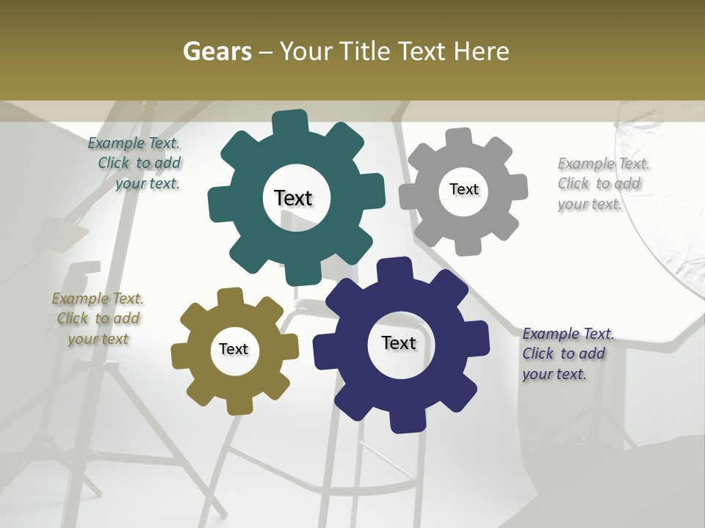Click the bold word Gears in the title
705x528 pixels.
[x=217, y=51]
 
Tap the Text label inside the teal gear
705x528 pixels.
[x=293, y=198]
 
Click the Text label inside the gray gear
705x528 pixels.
[x=463, y=189]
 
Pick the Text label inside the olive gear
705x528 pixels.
[x=234, y=349]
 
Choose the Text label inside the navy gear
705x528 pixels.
[x=399, y=342]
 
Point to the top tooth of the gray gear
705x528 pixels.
[x=458, y=137]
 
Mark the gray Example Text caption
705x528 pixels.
[x=603, y=183]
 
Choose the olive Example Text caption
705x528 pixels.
[x=98, y=318]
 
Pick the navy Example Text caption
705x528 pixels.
[x=568, y=353]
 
